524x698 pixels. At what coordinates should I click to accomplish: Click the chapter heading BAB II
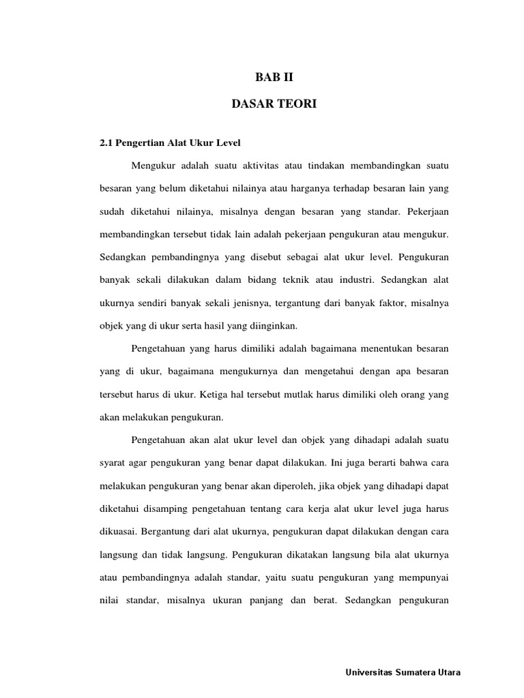point(274,78)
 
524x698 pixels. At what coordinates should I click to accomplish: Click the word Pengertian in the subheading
point(140,142)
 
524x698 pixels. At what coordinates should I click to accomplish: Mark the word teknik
point(301,280)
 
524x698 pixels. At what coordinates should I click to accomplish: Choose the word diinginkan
point(273,325)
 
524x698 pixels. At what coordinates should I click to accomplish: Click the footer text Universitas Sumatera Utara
point(403,672)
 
